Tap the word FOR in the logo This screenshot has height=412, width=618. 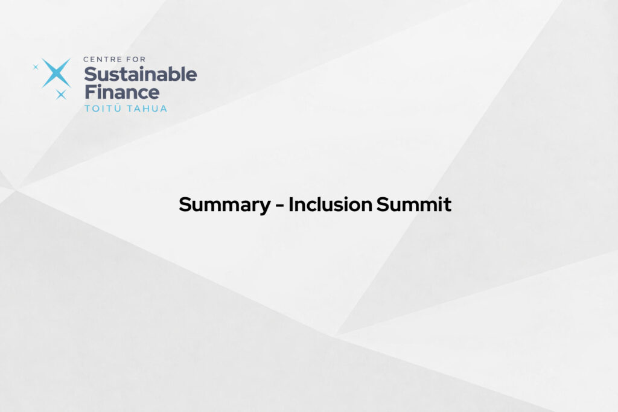136,60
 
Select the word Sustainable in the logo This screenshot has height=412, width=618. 140,74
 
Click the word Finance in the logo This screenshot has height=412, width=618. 122,92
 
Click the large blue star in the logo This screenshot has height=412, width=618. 56,73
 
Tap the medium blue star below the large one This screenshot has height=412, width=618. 61,95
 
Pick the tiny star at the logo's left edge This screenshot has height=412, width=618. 36,67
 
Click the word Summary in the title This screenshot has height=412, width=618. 225,205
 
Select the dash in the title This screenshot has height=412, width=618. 279,206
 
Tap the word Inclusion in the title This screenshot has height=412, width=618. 330,204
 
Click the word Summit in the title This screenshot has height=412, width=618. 414,204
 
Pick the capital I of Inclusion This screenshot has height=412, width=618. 291,204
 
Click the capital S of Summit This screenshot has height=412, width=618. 383,204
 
